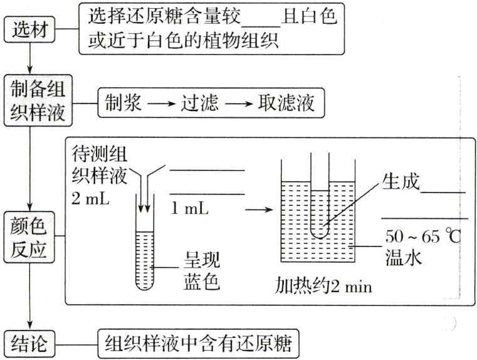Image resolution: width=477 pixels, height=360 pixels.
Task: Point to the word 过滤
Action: (199, 102)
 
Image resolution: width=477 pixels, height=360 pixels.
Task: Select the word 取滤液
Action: (285, 102)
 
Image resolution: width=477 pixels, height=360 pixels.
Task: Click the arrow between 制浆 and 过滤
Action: (160, 102)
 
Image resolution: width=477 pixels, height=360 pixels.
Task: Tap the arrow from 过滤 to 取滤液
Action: (238, 102)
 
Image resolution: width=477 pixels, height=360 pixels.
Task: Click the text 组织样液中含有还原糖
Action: (199, 344)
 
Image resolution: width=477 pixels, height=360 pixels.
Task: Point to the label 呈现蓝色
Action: (201, 270)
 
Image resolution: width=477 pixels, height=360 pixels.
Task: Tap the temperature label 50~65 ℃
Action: (422, 238)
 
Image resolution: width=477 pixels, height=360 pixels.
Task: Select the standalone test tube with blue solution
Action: (145, 251)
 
